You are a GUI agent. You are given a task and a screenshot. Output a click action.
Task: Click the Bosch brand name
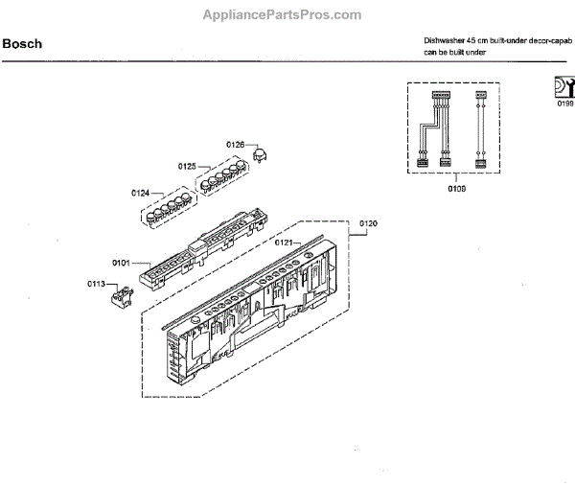coord(21,44)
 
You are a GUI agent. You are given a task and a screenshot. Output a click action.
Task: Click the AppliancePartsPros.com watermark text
coord(284,15)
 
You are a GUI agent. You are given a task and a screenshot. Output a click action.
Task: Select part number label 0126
coord(236,145)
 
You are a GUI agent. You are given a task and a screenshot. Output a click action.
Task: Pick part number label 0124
coord(140,193)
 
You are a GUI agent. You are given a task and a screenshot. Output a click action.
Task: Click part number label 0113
coord(96,284)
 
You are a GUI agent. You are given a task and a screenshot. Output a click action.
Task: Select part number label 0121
coord(284,243)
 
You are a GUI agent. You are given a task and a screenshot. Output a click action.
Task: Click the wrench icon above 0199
coord(563,87)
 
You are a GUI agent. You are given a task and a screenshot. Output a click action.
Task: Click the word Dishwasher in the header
coord(446,41)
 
